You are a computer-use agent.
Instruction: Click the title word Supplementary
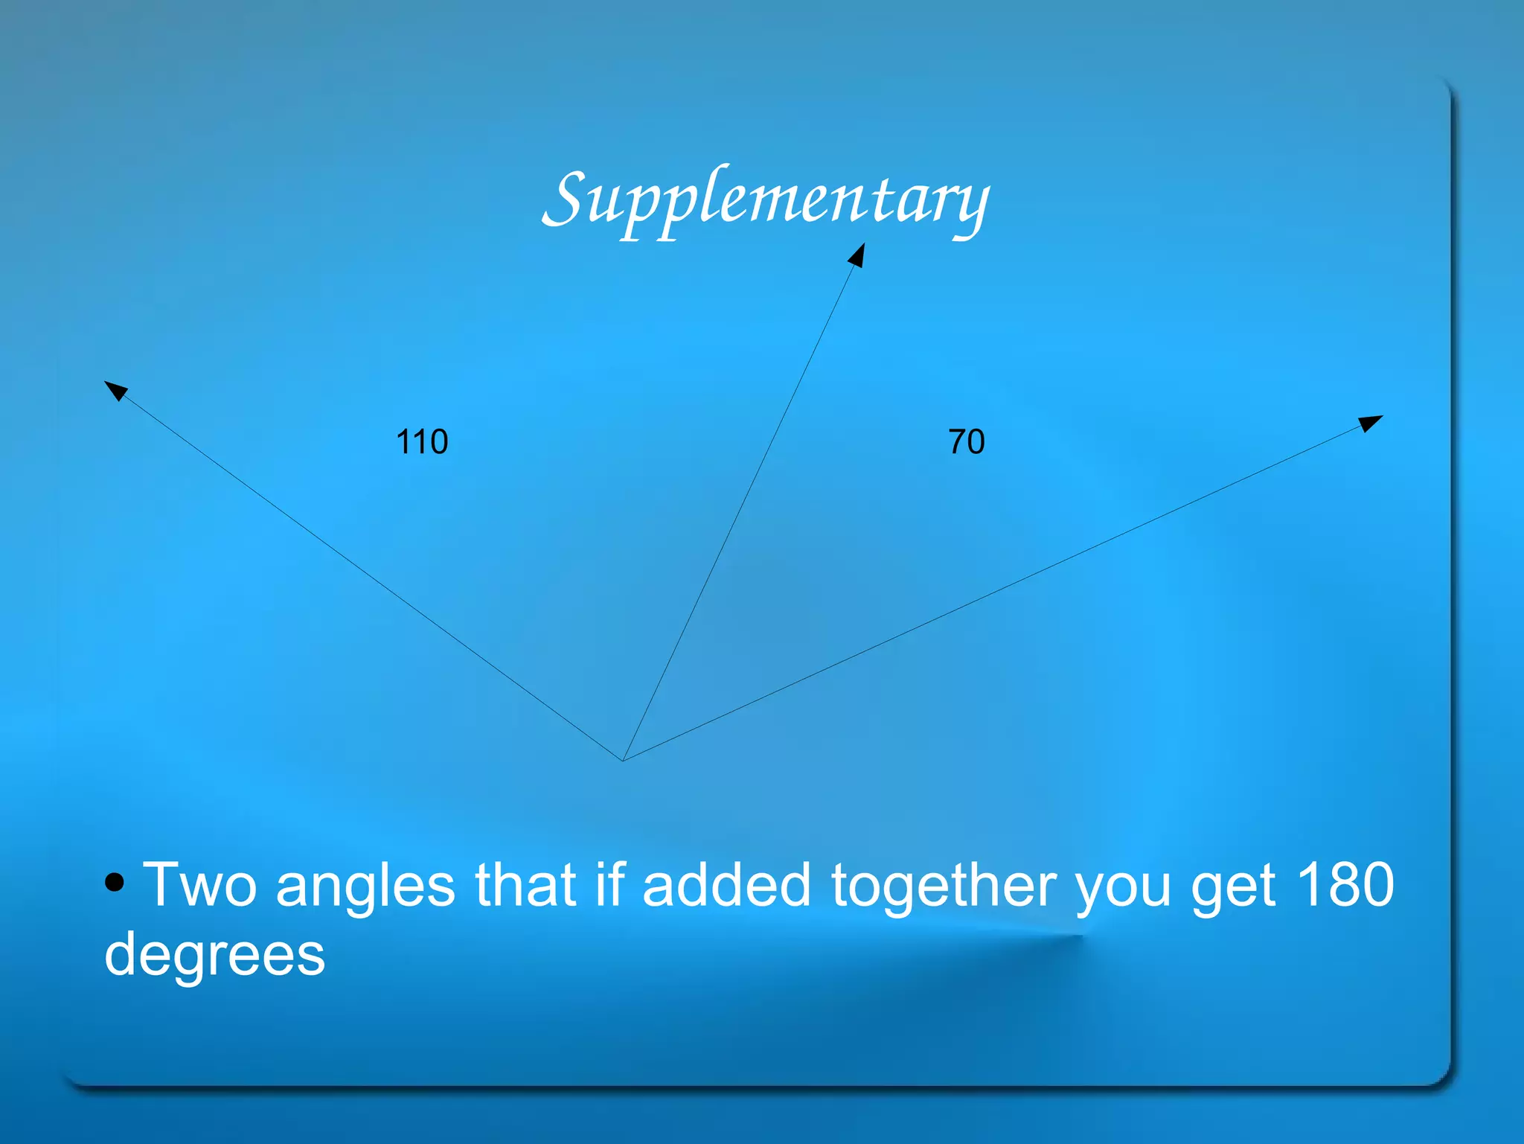point(766,199)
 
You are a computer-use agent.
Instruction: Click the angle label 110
point(422,442)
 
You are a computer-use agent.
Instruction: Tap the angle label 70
point(966,442)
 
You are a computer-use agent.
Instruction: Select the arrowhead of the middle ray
point(857,255)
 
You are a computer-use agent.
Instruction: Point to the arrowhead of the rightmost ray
point(1371,423)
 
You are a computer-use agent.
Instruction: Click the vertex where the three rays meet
point(623,760)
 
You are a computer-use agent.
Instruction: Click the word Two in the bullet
point(199,885)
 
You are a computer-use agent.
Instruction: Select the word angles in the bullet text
point(365,886)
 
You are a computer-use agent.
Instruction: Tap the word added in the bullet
point(726,885)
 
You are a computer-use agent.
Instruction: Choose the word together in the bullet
point(943,886)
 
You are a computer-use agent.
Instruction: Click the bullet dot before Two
point(115,883)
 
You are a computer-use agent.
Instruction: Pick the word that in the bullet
point(525,885)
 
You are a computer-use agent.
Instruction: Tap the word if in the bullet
point(609,885)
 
